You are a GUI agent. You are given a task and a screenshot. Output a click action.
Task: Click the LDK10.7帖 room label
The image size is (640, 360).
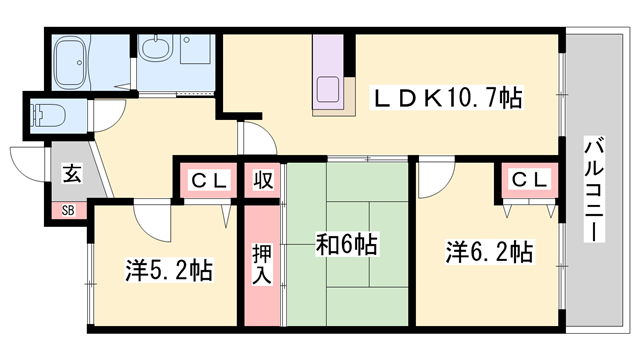pyautogui.click(x=447, y=98)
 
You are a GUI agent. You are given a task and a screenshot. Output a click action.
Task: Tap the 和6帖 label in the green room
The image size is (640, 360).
pyautogui.click(x=347, y=245)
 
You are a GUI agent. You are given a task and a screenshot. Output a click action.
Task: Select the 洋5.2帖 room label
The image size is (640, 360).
pyautogui.click(x=168, y=270)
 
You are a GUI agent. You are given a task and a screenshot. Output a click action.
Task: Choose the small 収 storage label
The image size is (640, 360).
pyautogui.click(x=262, y=180)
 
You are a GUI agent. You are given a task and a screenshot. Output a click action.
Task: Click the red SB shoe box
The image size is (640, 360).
pyautogui.click(x=68, y=210)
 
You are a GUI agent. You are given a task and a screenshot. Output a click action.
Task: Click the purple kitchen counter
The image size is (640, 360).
pyautogui.click(x=329, y=76)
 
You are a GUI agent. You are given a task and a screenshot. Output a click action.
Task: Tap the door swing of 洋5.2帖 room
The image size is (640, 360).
pyautogui.click(x=150, y=215)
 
